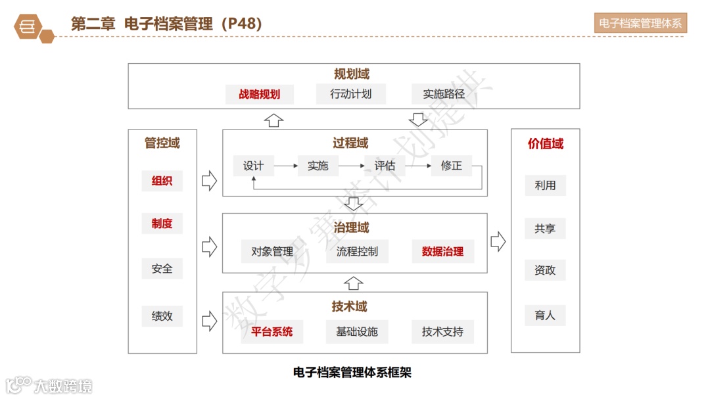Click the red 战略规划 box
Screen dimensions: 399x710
(259, 94)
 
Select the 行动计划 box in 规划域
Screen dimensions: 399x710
(350, 94)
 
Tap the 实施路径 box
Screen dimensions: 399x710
(444, 94)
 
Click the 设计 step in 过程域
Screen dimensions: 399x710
(253, 166)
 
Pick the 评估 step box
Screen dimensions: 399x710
(385, 166)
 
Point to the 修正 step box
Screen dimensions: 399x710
(452, 166)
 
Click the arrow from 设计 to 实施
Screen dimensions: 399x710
(286, 166)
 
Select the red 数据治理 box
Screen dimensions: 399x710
(442, 251)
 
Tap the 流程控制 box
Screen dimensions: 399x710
(357, 251)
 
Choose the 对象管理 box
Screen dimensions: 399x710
(272, 251)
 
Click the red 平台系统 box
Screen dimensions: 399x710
(272, 331)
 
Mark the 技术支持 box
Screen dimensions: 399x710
(442, 331)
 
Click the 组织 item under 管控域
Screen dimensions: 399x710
(162, 181)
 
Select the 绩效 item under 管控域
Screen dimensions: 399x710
(162, 316)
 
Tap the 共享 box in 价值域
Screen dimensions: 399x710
(545, 229)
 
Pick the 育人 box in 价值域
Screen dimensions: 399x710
(545, 315)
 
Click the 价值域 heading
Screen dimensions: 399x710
(546, 144)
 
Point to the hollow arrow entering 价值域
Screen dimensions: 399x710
(498, 242)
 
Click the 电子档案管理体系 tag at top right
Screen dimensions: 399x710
(640, 24)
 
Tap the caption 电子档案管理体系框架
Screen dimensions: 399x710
(352, 373)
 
